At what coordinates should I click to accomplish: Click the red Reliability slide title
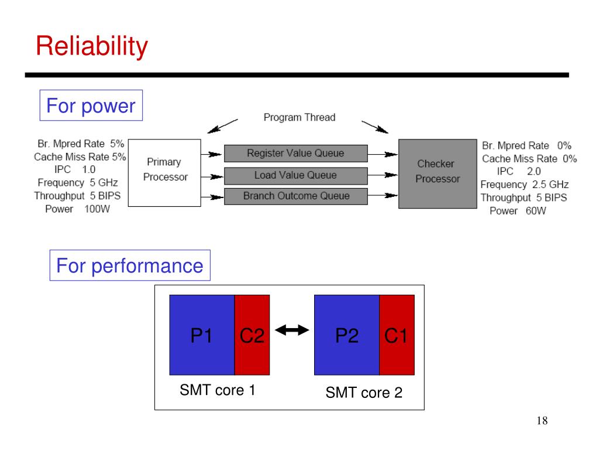click(x=92, y=46)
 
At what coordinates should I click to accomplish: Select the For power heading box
click(x=91, y=105)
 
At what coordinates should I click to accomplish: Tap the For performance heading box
click(x=130, y=265)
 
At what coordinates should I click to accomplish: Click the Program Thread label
click(x=299, y=117)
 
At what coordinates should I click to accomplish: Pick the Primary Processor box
click(x=164, y=173)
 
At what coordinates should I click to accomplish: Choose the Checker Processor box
click(x=438, y=173)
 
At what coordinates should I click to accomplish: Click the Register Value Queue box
click(x=295, y=154)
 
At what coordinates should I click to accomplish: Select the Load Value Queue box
click(x=295, y=176)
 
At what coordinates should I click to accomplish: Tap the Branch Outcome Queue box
click(x=295, y=196)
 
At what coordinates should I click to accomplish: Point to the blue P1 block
click(x=202, y=335)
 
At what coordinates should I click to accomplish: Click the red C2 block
click(x=252, y=335)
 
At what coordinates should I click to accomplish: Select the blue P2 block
click(x=347, y=335)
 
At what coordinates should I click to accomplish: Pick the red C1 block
click(x=397, y=335)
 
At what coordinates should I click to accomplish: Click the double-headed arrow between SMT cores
click(x=292, y=330)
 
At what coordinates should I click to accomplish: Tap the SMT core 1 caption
click(x=218, y=390)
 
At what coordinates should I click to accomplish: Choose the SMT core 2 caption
click(x=364, y=393)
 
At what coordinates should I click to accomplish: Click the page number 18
click(x=542, y=421)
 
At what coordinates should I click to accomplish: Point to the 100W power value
click(x=97, y=209)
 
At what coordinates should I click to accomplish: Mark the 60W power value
click(x=536, y=211)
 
